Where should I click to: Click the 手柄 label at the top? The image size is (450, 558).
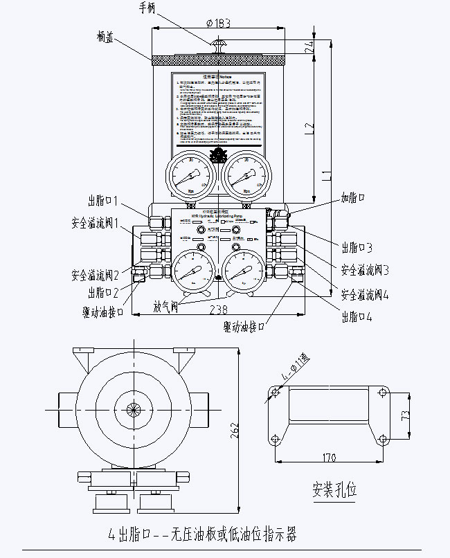[147, 8]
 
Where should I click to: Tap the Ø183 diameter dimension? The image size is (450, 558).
[219, 23]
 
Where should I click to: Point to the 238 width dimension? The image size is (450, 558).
[219, 311]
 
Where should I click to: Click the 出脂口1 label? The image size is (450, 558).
[104, 201]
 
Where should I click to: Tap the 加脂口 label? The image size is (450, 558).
[353, 197]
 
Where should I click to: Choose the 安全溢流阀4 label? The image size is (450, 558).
[365, 294]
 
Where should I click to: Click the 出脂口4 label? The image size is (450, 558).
[357, 317]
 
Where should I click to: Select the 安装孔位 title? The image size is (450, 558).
[334, 490]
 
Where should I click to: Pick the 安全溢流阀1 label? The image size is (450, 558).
[96, 224]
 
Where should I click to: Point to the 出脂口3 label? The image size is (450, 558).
[357, 246]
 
